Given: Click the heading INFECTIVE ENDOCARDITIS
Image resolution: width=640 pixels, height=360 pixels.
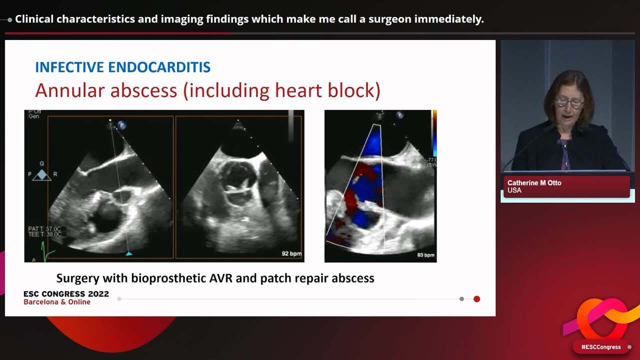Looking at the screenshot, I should [122, 67].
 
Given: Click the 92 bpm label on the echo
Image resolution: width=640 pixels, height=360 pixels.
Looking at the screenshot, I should [291, 254].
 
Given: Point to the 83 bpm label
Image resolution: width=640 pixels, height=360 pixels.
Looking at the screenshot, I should [425, 255].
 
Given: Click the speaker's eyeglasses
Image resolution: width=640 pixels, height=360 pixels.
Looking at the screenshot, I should [569, 102].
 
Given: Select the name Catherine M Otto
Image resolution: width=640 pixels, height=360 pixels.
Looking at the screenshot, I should [534, 183].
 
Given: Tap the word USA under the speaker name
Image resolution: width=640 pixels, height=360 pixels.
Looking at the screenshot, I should [514, 190].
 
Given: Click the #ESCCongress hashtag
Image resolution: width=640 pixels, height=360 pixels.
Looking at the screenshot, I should [600, 347].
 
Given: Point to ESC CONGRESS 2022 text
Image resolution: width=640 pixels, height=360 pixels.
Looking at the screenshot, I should [66, 294].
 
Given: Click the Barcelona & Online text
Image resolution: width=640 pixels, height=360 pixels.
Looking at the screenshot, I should [57, 302].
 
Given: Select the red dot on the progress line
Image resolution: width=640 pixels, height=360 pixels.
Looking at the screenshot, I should [476, 299].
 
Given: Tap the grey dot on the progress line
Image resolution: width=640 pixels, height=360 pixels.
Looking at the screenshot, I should [461, 299].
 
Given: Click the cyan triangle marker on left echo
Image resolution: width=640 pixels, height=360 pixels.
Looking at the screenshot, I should [129, 254].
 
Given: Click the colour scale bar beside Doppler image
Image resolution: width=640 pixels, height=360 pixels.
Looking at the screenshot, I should [434, 132].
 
